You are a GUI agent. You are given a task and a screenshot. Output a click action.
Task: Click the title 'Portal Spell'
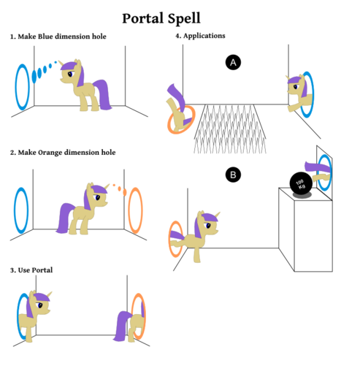tap(161, 18)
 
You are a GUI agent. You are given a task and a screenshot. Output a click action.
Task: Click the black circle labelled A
tap(233, 62)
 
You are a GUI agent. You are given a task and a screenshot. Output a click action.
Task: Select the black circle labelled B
tap(233, 175)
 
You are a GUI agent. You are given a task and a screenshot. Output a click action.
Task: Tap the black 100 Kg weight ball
tap(301, 183)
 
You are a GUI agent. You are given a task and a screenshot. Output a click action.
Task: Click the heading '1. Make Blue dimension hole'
tap(58, 37)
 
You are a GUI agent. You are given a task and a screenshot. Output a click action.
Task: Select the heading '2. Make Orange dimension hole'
tap(63, 153)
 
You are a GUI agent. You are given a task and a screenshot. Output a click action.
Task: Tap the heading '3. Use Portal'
tap(31, 270)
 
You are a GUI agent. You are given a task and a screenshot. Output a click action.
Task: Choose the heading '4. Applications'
tap(200, 36)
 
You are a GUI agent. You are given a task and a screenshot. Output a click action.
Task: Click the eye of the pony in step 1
tap(70, 74)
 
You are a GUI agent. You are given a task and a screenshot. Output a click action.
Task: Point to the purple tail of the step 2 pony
tap(65, 218)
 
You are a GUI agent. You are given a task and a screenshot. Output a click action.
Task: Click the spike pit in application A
tap(230, 129)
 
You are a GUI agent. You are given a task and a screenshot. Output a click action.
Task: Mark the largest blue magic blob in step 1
tap(34, 76)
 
